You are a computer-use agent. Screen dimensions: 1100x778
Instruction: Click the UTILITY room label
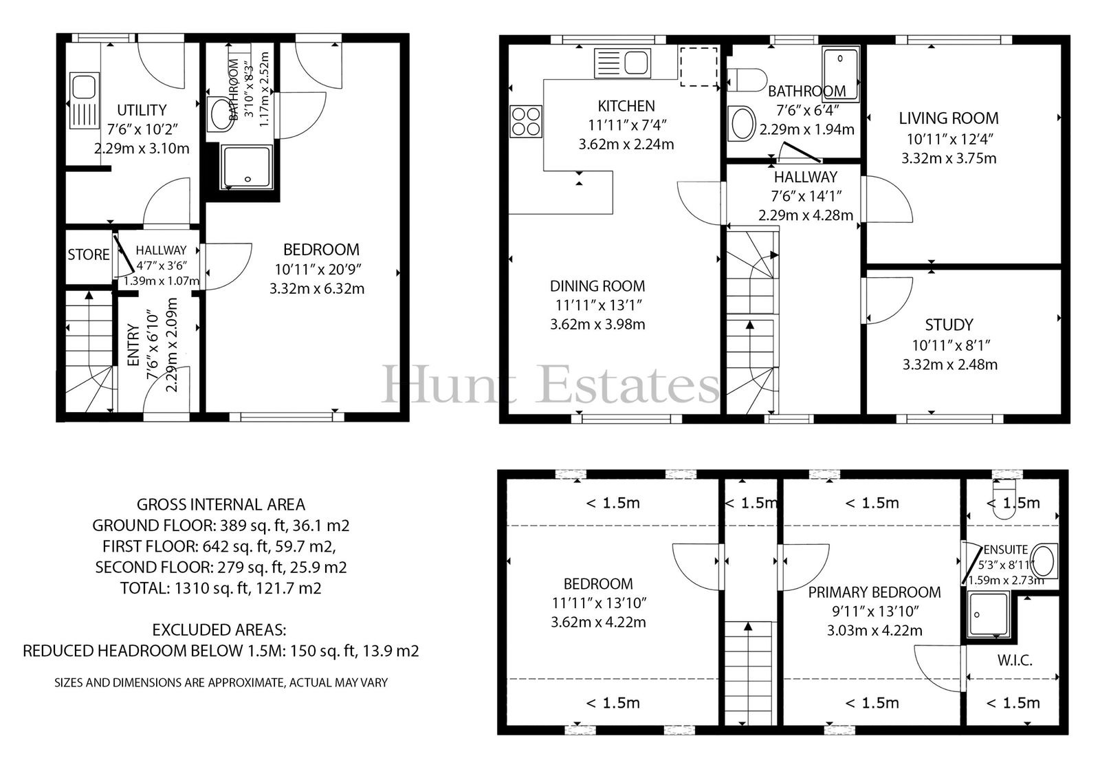pos(142,109)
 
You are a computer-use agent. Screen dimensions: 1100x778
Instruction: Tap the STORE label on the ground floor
pos(89,255)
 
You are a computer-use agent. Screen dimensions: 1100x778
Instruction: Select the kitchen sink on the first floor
pos(622,63)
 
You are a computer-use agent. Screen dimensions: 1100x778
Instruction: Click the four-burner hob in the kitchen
pos(526,121)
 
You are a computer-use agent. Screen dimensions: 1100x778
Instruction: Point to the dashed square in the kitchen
pos(698,67)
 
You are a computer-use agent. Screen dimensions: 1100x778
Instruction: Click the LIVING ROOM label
pos(949,118)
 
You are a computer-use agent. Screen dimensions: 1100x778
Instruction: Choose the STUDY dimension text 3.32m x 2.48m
pos(949,365)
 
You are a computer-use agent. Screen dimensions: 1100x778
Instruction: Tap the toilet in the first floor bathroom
pos(747,80)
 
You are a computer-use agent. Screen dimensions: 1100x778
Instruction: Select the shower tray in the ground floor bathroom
pos(247,167)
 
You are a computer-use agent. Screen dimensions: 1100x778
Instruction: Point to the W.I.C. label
pos(1015,660)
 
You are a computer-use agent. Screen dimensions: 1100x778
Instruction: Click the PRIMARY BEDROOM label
pos(874,592)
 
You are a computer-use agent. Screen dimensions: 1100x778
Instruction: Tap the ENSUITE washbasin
pos(1043,561)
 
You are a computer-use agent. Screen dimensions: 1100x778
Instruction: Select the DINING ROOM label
pos(597,286)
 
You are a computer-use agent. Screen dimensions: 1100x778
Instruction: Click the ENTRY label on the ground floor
pos(133,345)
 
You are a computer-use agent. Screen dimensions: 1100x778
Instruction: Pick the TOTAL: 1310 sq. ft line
pos(221,588)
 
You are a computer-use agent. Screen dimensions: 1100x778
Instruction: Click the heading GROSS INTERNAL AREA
pos(221,505)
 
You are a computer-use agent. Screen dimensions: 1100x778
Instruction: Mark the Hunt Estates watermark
pos(550,385)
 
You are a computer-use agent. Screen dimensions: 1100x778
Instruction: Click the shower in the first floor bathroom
pos(841,74)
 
